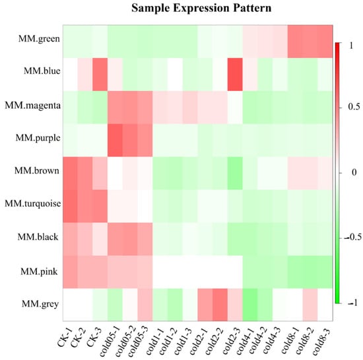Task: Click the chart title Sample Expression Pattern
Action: (201, 9)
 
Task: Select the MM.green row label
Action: (39, 38)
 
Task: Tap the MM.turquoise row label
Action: (33, 204)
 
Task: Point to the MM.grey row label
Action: (40, 304)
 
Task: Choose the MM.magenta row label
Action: (33, 105)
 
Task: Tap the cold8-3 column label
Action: (321, 342)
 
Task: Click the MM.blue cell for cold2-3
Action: (235, 75)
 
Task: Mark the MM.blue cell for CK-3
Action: (100, 75)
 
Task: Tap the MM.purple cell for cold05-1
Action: (115, 140)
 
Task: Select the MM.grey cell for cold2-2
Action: (220, 305)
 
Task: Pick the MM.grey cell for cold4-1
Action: (250, 305)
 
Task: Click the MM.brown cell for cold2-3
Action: (235, 173)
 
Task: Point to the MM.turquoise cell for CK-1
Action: (70, 206)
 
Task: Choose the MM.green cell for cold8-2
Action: (310, 42)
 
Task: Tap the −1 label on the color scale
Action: (352, 303)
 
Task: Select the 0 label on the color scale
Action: (354, 173)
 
